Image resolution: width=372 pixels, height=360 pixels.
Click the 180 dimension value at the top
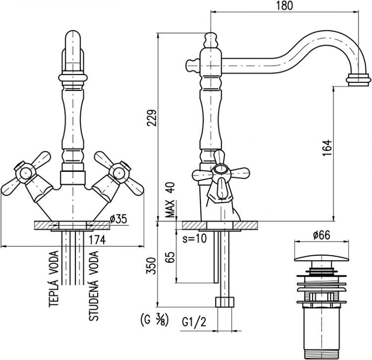pos(286,6)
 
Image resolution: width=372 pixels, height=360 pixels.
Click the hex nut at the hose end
pos(224,302)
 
